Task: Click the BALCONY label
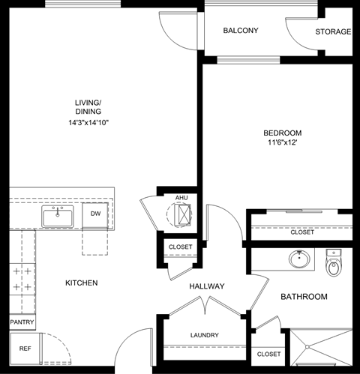tap(241, 31)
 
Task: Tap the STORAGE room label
tap(333, 31)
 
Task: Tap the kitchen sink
tap(58, 217)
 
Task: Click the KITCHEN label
tap(81, 283)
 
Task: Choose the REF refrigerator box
tap(25, 349)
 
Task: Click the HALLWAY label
tap(207, 286)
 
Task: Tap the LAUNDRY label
tap(204, 335)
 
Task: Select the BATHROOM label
tap(304, 297)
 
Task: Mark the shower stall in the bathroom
tap(320, 349)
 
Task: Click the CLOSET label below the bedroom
tap(302, 232)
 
